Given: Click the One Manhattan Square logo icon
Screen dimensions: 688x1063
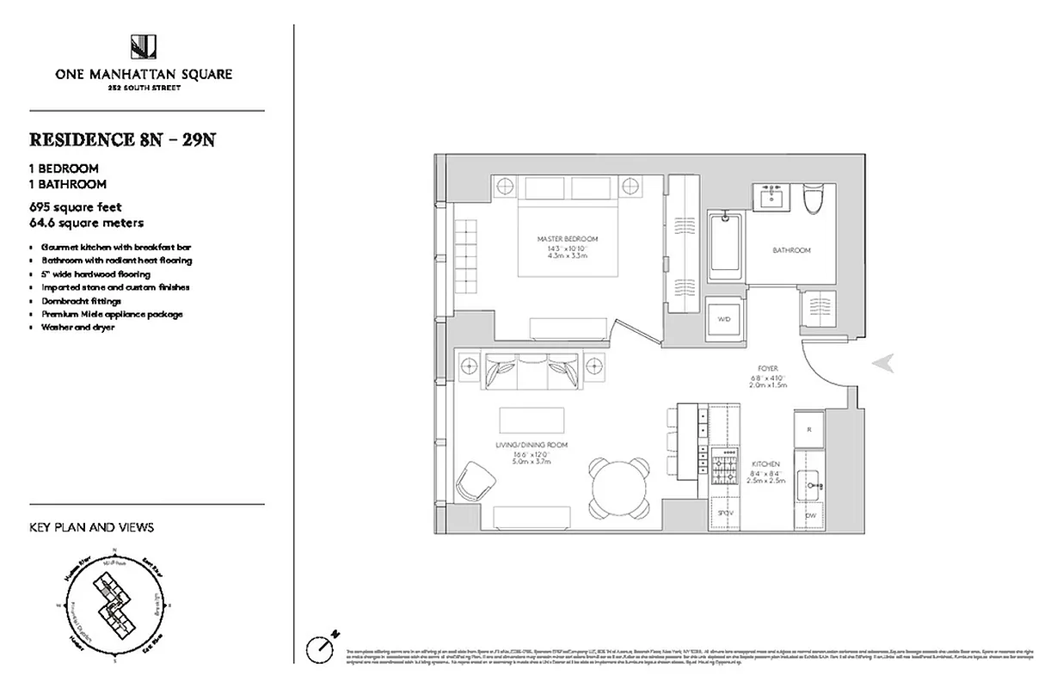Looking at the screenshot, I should [143, 47].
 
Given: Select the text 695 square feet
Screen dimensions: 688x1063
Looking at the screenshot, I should [76, 207].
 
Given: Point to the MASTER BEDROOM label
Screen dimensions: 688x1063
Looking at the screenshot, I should [567, 238].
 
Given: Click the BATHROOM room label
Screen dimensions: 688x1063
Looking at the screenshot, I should [791, 250].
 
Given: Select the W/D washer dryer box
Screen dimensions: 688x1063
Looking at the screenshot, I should [723, 319].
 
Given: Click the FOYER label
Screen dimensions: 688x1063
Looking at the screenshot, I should [768, 369].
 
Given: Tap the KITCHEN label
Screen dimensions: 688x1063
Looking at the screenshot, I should [765, 464].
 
